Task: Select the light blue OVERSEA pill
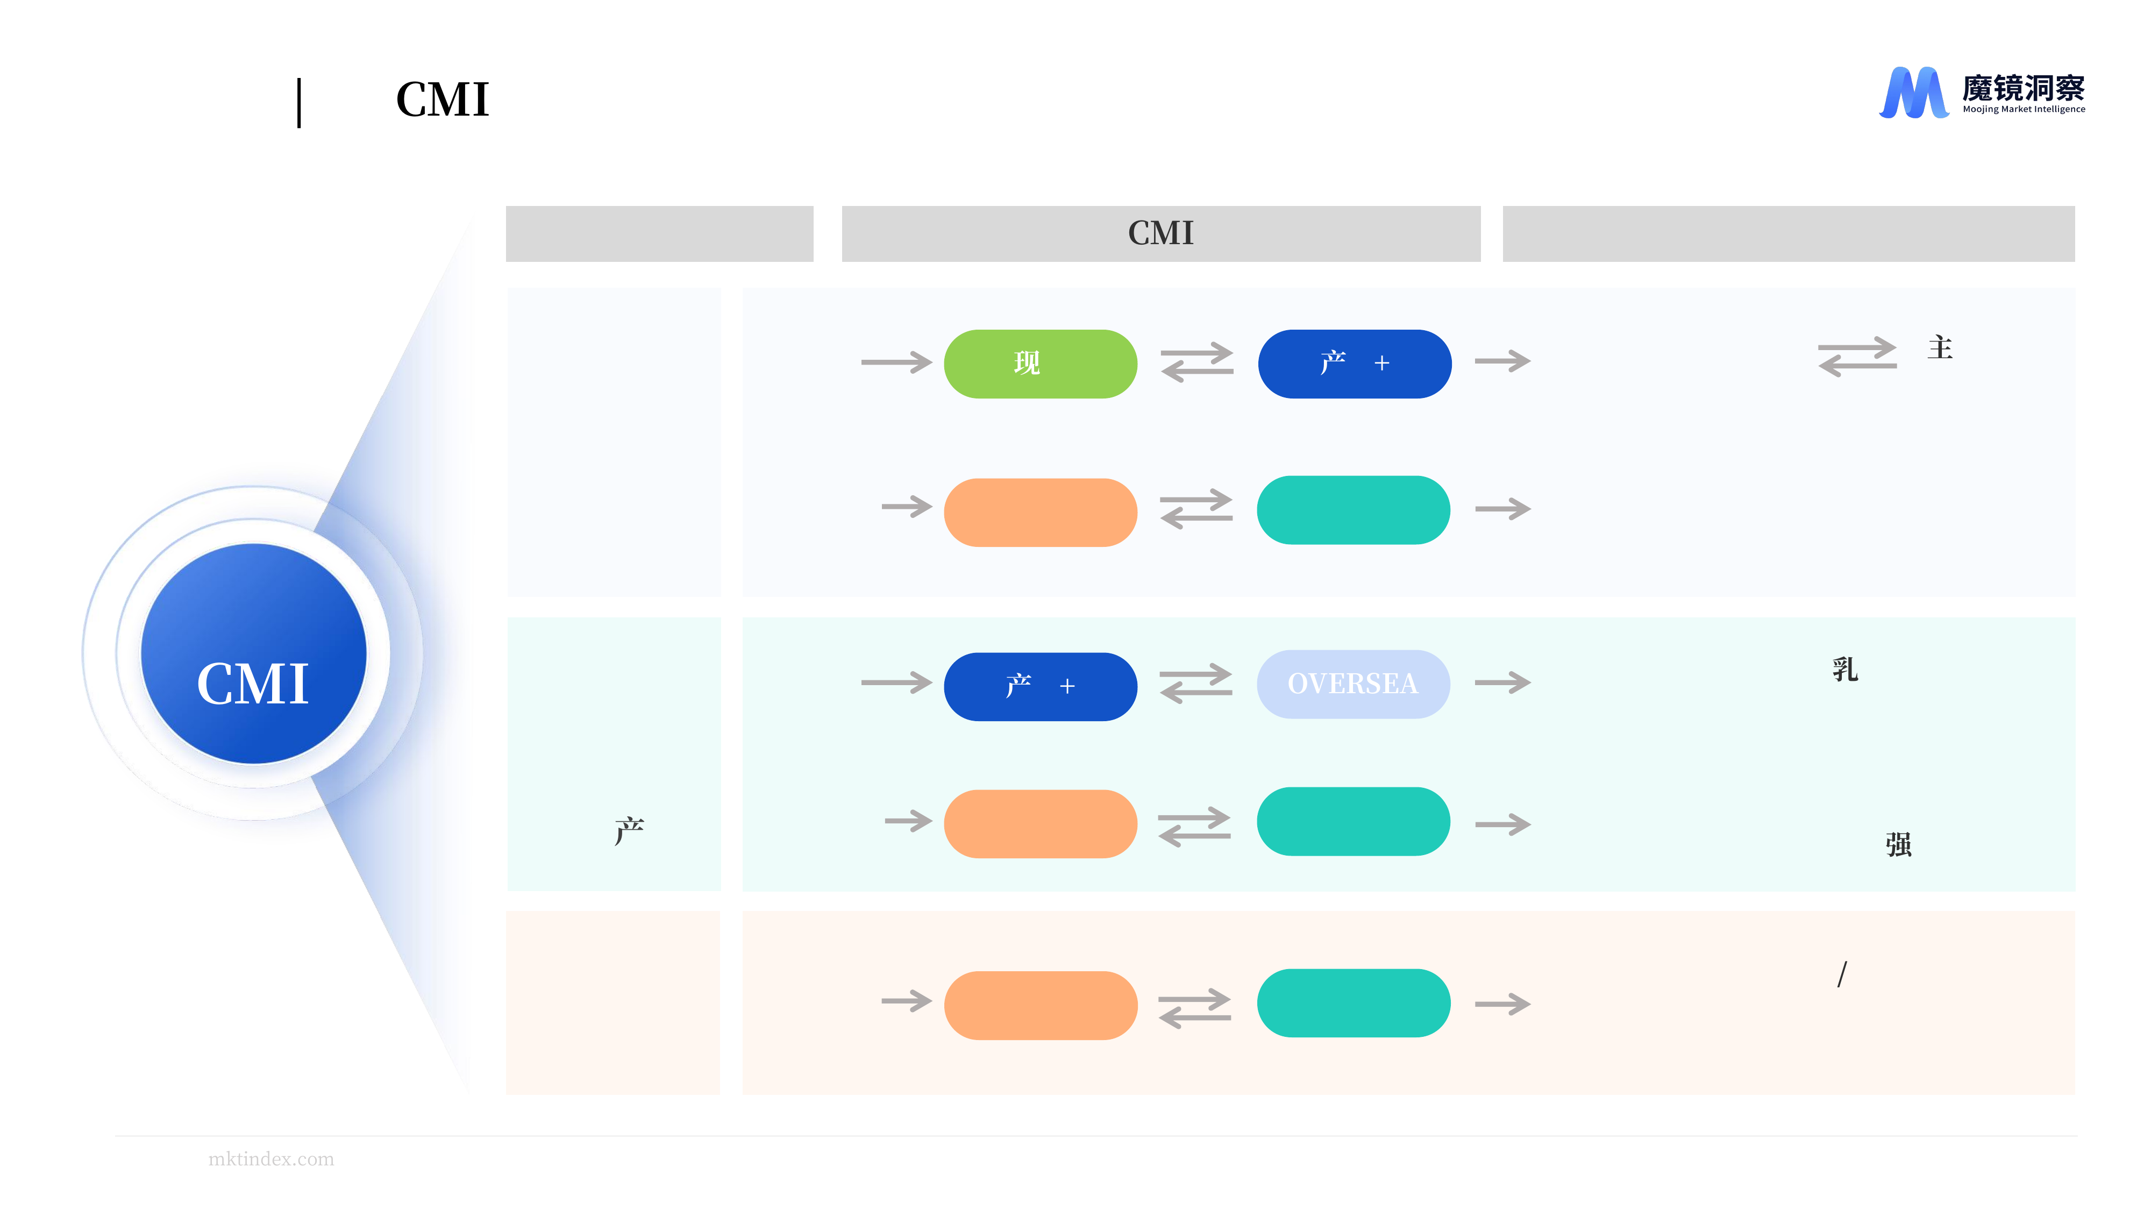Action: pos(1354,684)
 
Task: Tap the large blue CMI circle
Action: pos(254,653)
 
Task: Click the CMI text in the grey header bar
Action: pos(1160,233)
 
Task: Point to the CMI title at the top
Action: pos(443,99)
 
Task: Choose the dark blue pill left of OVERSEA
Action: pos(1041,686)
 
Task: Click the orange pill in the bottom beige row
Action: pos(1041,1006)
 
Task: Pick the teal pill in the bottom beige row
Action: pos(1354,1003)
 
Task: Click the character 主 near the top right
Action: pos(1940,347)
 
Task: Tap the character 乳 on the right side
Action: pos(1846,669)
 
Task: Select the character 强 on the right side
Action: pos(1898,844)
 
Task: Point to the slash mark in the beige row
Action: pos(1842,974)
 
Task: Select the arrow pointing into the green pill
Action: pos(896,362)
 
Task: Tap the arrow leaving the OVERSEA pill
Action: pos(1502,683)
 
